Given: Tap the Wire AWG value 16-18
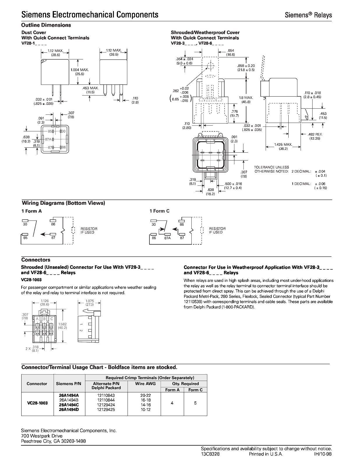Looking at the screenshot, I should (x=146, y=400).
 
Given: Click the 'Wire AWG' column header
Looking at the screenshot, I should (x=146, y=384).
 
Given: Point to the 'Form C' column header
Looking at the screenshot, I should (x=195, y=390).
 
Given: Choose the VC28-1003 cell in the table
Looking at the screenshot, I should (x=37, y=403).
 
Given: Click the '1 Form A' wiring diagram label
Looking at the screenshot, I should (x=31, y=211).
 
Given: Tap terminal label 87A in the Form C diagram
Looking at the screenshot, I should (x=167, y=238).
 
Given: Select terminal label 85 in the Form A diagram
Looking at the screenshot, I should (x=25, y=238).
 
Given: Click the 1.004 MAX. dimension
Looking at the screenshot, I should (x=79, y=70).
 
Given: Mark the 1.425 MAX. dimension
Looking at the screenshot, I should (x=283, y=144).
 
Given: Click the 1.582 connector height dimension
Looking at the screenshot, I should (x=62, y=324).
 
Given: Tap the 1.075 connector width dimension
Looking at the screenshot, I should (x=89, y=301).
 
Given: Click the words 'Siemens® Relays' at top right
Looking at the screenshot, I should (x=308, y=15).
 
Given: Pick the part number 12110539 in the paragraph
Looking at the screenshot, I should (x=194, y=301).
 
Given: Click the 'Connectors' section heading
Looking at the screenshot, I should (x=36, y=260).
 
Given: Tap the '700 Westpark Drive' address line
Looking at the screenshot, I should (x=42, y=436).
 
